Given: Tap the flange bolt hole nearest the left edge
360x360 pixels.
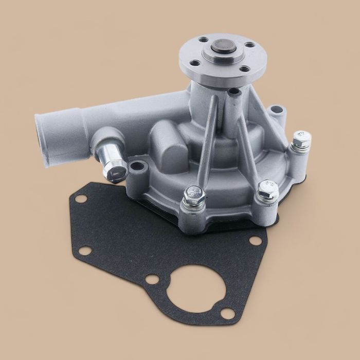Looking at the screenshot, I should pyautogui.click(x=196, y=64).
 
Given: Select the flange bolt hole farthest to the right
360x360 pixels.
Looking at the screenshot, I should pyautogui.click(x=249, y=45).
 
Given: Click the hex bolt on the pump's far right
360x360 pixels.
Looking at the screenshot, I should pyautogui.click(x=300, y=139).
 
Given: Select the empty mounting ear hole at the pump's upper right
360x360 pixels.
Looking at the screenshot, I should pyautogui.click(x=278, y=110).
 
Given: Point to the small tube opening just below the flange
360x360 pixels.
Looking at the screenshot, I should pyautogui.click(x=234, y=93).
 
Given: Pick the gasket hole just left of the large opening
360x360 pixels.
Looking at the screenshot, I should pyautogui.click(x=151, y=280).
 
